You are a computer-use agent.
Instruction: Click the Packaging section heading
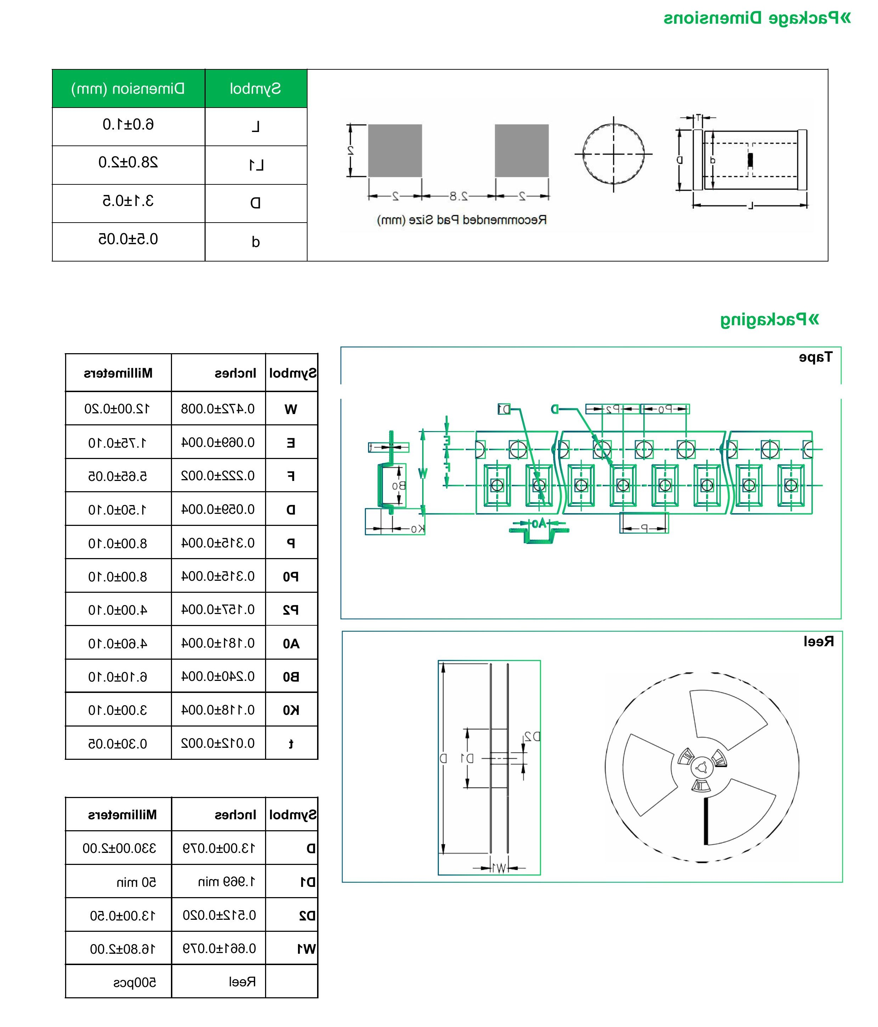point(769,320)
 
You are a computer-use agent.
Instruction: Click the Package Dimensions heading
point(757,18)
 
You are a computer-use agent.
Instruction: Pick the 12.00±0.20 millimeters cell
point(117,409)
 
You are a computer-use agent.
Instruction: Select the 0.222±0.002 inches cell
point(218,476)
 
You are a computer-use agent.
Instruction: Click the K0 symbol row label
point(291,710)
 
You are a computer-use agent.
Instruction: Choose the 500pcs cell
point(135,982)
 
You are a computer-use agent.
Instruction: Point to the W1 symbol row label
point(306,949)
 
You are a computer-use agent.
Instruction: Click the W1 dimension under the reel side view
point(499,868)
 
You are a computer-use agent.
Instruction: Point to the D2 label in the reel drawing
point(532,736)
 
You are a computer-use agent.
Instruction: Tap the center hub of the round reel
point(701,768)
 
